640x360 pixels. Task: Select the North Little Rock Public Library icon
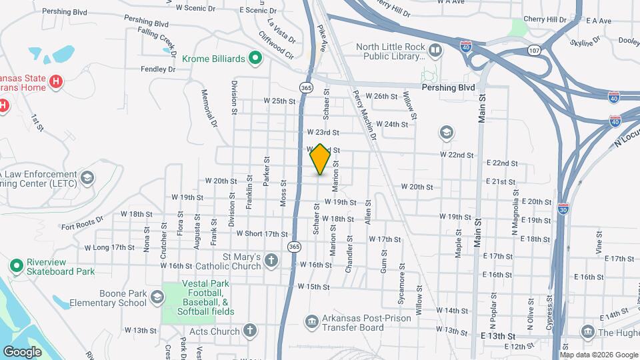[435, 51]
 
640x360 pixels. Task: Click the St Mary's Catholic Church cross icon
[271, 260]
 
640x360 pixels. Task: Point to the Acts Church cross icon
[249, 331]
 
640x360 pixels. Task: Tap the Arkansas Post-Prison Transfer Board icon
[311, 323]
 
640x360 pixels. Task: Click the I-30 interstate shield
[563, 207]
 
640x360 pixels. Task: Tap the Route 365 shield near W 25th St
[305, 88]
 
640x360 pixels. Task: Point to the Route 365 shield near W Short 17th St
[293, 247]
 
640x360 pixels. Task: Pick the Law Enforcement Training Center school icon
[87, 177]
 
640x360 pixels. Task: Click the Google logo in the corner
[23, 351]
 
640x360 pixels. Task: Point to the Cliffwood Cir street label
[276, 48]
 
